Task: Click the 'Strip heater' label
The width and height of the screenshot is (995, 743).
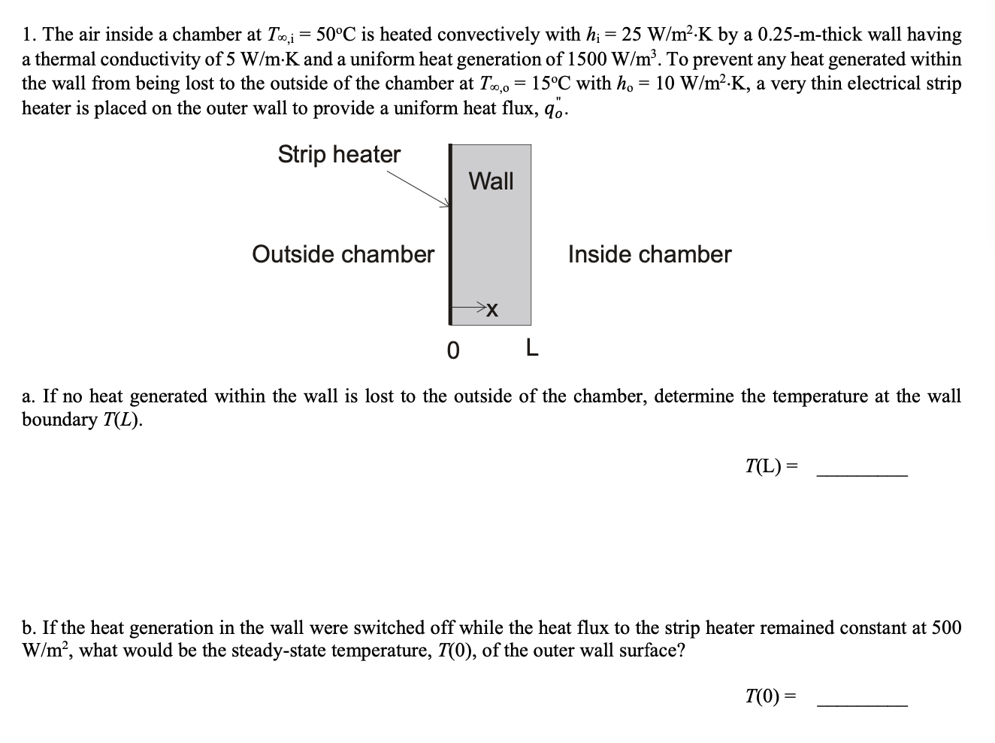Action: [339, 154]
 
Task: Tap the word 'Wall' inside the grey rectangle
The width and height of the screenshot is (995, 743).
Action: [491, 180]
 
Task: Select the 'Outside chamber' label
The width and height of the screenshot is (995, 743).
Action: [343, 254]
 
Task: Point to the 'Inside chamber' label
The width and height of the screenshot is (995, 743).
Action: [649, 254]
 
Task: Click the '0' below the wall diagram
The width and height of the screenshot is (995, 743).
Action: [452, 350]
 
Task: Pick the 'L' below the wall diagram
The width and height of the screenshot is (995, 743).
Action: [531, 348]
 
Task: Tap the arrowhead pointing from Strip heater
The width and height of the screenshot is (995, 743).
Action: [445, 203]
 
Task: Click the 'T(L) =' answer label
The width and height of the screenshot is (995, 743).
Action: [771, 466]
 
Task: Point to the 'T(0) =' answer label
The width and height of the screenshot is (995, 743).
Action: [771, 696]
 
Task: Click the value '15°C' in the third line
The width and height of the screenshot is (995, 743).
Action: [555, 83]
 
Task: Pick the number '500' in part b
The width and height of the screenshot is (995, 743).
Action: [945, 627]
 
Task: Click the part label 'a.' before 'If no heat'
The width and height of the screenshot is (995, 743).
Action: [30, 396]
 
